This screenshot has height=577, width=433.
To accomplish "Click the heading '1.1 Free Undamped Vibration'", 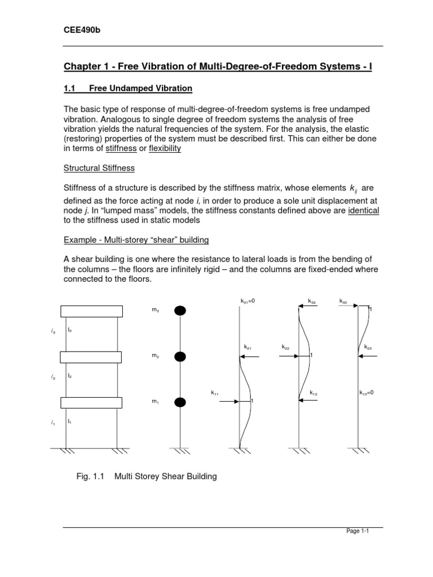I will [x=127, y=88].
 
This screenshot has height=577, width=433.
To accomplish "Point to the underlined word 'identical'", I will [x=364, y=210].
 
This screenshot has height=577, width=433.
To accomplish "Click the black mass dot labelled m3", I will [x=180, y=310].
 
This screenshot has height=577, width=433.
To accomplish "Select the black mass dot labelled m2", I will [x=180, y=356].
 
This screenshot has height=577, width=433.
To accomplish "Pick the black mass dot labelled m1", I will [x=180, y=402].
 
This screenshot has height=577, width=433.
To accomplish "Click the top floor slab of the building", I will [x=91, y=311].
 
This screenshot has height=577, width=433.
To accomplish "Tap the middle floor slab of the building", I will [x=91, y=357].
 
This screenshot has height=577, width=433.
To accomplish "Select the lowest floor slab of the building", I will [x=91, y=402].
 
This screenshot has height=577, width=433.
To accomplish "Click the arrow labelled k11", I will [x=229, y=401].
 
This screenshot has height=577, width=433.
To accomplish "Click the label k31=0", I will [x=248, y=301].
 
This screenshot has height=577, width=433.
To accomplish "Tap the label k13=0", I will [x=366, y=392].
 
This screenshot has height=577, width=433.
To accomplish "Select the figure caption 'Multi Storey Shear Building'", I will [x=166, y=477].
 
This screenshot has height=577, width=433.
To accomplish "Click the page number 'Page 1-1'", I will [x=356, y=531].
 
